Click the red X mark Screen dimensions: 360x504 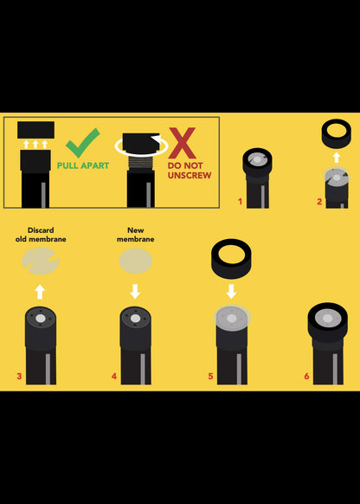(183, 143)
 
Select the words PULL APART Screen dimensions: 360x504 (83, 165)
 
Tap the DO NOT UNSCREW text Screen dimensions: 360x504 (190, 171)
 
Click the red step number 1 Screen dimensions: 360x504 (240, 202)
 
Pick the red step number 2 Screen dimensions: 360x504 (319, 202)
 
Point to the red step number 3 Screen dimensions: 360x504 (19, 376)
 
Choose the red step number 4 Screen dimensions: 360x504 (114, 376)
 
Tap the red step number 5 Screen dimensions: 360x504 (210, 376)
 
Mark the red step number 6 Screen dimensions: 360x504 (306, 376)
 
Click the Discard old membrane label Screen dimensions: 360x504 (41, 235)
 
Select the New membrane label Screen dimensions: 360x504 (136, 235)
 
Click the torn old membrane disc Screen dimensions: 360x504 (41, 261)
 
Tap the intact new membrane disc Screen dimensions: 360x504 (136, 261)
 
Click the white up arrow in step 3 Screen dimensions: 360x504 (40, 292)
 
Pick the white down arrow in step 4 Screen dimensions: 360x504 (135, 291)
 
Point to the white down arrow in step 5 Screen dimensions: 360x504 (231, 291)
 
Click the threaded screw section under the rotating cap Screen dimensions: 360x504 (141, 162)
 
